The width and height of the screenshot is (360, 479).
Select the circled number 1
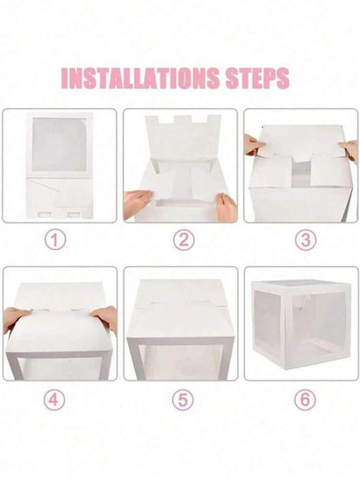click(x=56, y=239)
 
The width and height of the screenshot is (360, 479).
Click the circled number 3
click(x=304, y=239)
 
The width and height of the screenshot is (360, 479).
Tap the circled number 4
click(x=56, y=400)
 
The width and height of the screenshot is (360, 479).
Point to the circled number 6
click(x=304, y=400)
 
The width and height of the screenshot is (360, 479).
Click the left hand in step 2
click(x=137, y=203)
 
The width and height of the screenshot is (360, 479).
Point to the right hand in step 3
click(x=350, y=150)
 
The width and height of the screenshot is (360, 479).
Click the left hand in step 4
click(x=15, y=317)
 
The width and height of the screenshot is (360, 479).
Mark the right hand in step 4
click(x=106, y=317)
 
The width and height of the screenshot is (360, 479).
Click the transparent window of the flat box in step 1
click(x=60, y=144)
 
